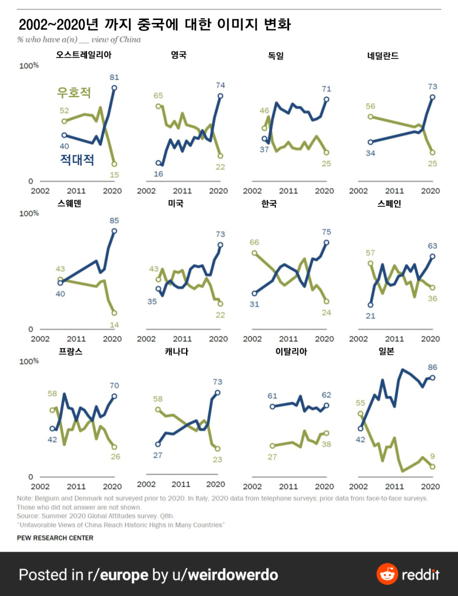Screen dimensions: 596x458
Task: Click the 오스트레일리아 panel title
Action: (x=84, y=55)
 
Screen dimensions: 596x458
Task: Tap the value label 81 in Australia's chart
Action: (x=114, y=77)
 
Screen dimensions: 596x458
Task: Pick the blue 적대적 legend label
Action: (x=77, y=159)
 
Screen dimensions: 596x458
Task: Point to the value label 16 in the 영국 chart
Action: (x=159, y=174)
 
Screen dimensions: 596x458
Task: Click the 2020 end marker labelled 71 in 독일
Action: (x=327, y=99)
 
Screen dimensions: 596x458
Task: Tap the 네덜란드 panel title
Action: (x=383, y=55)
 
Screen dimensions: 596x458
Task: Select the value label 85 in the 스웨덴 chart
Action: (x=114, y=219)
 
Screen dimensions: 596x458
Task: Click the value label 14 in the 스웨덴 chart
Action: (x=114, y=325)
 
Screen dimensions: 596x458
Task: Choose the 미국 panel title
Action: (x=175, y=203)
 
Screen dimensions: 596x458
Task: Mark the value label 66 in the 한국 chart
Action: (x=254, y=242)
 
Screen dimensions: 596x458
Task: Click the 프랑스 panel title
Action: (x=70, y=351)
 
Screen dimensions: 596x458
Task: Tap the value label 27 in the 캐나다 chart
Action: (x=159, y=455)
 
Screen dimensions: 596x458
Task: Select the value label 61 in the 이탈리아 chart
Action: (x=273, y=396)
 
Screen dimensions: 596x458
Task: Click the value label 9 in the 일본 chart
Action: (x=433, y=456)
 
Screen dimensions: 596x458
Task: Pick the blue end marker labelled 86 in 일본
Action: (x=433, y=378)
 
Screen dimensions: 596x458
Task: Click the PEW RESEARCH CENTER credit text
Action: (x=55, y=538)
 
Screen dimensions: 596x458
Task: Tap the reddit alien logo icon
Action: (x=387, y=574)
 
